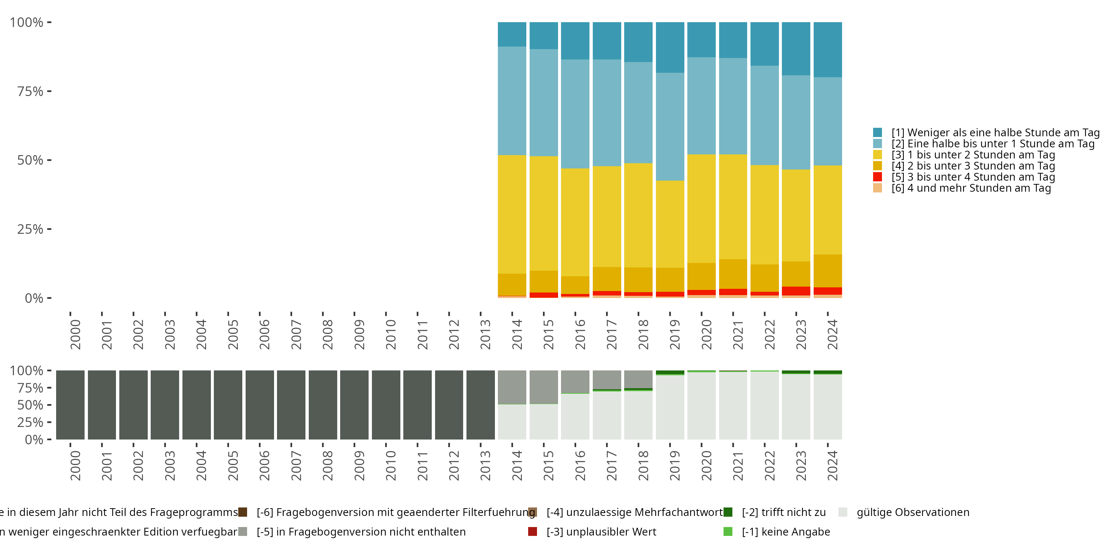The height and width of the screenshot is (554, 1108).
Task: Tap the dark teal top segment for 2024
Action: pyautogui.click(x=828, y=49)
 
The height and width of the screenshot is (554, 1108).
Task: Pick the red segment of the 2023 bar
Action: pyautogui.click(x=796, y=291)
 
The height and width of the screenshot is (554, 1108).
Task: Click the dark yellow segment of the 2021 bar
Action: pyautogui.click(x=733, y=274)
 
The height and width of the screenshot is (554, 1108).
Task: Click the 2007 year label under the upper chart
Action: pyautogui.click(x=296, y=334)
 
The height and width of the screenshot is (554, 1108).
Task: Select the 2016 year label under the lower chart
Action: pyautogui.click(x=580, y=465)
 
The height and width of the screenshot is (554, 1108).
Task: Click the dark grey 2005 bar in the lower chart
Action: pyautogui.click(x=228, y=405)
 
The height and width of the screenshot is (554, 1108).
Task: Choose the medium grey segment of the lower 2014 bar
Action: pyautogui.click(x=512, y=387)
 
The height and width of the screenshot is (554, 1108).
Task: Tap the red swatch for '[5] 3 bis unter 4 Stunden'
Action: pyautogui.click(x=878, y=177)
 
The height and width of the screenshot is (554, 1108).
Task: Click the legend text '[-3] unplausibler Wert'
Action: pyautogui.click(x=601, y=531)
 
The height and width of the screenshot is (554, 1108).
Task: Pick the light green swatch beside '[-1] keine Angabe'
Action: pyautogui.click(x=728, y=531)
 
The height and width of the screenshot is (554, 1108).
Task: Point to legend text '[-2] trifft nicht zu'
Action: pyautogui.click(x=784, y=512)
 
